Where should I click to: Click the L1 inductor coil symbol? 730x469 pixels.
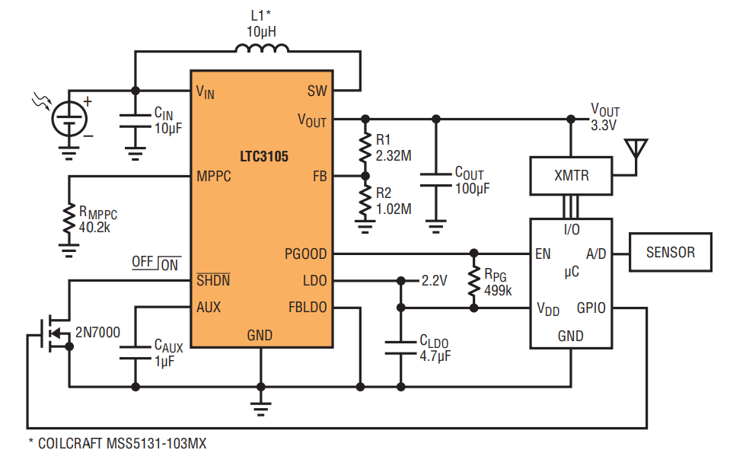[x=262, y=48]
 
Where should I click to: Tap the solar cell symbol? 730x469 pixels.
[x=69, y=118]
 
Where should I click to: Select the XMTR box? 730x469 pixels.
[x=571, y=176]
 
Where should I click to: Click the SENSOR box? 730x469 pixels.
[x=671, y=252]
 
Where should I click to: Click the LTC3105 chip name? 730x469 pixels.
[x=264, y=156]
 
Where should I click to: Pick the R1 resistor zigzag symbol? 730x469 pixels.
[x=365, y=148]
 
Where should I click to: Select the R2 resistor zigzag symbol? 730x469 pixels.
[x=365, y=201]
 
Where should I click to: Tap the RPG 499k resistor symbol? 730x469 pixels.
[x=474, y=281]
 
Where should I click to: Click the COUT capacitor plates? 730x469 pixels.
[x=435, y=180]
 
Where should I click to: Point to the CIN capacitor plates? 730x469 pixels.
[x=135, y=120]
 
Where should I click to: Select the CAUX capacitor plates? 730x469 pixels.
[x=135, y=353]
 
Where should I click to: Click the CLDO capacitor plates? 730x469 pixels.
[x=401, y=348]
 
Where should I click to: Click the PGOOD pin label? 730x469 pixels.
[x=305, y=254]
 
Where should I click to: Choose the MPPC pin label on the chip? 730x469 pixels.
[x=214, y=176]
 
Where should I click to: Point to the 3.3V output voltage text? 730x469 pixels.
[x=604, y=126]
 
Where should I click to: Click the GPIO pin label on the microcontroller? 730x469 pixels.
[x=591, y=308]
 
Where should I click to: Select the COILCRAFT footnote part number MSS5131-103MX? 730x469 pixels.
[x=157, y=443]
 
